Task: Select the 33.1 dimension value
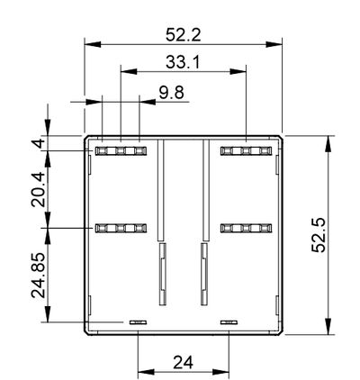[x=183, y=62]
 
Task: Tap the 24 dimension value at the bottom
[x=184, y=364]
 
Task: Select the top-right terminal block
[x=245, y=150]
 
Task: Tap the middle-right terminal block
[x=245, y=229]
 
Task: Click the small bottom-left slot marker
[x=138, y=321]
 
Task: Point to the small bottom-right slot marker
[x=229, y=321]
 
